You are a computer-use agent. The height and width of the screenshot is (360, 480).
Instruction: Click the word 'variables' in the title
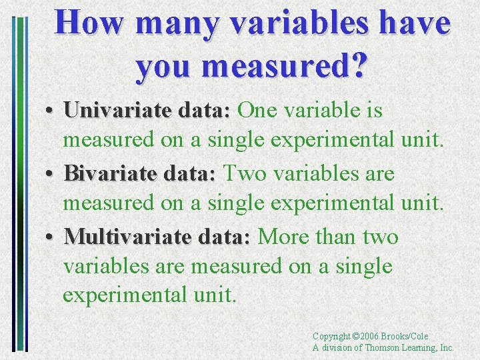(289, 23)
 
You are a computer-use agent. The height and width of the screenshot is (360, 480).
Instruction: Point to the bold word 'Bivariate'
(107, 174)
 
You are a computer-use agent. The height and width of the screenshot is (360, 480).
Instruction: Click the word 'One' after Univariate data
(257, 110)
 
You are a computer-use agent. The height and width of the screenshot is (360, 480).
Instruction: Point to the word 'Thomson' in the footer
(381, 347)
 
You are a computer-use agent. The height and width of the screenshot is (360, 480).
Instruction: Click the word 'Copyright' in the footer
(331, 337)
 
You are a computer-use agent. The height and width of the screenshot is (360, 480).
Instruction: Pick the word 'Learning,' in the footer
(419, 347)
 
